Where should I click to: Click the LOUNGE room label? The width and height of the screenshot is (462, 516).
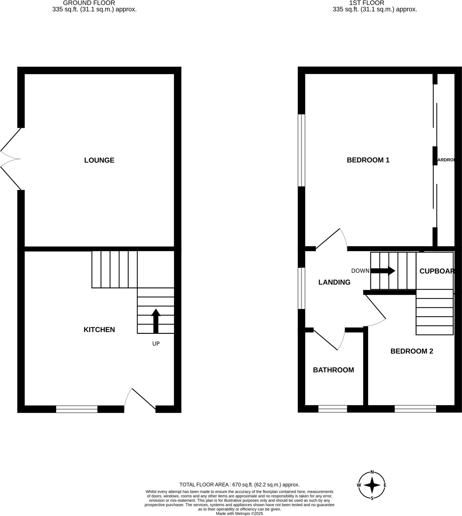click(x=99, y=160)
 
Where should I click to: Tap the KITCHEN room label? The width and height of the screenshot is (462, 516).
click(x=99, y=330)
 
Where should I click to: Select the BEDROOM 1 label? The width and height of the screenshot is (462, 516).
click(x=368, y=160)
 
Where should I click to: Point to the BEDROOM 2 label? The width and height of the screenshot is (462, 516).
click(x=411, y=351)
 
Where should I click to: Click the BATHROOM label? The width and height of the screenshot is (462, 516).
click(x=333, y=370)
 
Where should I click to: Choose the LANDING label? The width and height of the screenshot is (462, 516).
click(x=334, y=282)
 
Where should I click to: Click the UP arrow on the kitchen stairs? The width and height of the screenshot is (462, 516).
click(x=156, y=321)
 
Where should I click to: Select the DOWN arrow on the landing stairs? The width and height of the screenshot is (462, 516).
click(x=383, y=271)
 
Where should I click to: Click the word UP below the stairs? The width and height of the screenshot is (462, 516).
click(x=156, y=344)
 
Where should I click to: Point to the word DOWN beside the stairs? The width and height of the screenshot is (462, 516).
click(x=360, y=271)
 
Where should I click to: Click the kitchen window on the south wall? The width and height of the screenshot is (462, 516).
click(x=77, y=409)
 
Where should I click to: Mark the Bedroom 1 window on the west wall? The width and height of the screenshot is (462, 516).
click(x=301, y=150)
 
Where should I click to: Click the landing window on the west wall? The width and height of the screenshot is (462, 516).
click(x=301, y=288)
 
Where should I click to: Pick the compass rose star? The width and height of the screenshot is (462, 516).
click(x=372, y=485)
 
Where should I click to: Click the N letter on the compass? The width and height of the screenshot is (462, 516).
click(x=372, y=472)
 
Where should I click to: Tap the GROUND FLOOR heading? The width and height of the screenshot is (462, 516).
click(x=89, y=3)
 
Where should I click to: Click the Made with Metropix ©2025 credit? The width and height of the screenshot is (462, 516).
click(x=239, y=513)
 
